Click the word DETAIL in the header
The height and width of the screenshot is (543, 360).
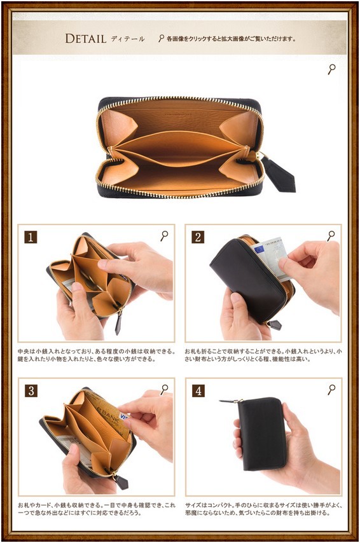pos(86,38)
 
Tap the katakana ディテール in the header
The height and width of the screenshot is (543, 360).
pos(128,39)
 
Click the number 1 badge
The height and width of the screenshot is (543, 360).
pos(31,237)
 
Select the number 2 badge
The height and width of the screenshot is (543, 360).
pos(198,237)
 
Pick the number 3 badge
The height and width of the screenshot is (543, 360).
pos(31,391)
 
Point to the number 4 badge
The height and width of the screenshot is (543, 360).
pos(198,391)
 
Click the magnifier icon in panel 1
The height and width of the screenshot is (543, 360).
pos(164,236)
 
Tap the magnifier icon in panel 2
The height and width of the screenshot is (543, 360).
pos(331,236)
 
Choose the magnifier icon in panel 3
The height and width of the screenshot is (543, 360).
pos(164,390)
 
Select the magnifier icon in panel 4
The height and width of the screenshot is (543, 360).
pos(331,390)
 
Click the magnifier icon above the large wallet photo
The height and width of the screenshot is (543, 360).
pos(331,69)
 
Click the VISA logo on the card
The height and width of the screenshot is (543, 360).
pos(123,416)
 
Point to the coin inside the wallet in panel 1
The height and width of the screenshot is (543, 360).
pos(90,283)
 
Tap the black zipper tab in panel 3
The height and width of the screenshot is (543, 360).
pos(121,483)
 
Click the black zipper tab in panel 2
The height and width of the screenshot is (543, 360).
pos(275,325)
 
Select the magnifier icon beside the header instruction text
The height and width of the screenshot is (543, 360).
pos(161,38)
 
